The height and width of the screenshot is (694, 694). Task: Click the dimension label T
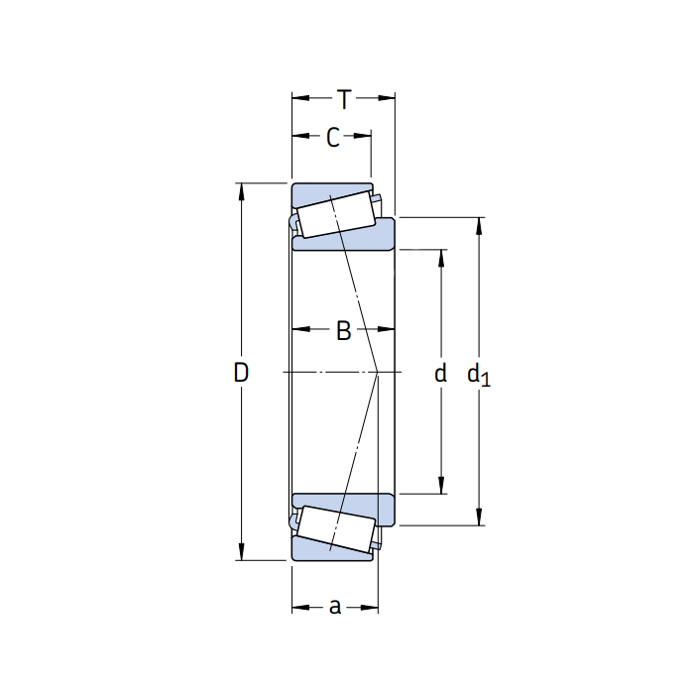[344, 99]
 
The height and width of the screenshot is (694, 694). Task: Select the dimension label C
[333, 137]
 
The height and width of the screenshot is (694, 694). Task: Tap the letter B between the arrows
[343, 330]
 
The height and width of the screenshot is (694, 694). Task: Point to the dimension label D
[241, 372]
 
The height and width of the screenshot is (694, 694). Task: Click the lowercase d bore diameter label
[440, 373]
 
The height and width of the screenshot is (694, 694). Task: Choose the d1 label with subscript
[479, 375]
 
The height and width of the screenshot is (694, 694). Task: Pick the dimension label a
[335, 607]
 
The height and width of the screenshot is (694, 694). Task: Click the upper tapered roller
[336, 214]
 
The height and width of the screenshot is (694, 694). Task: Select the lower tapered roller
[336, 529]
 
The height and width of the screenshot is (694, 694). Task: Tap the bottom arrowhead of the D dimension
[241, 553]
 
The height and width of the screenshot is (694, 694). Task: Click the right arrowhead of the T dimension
[388, 98]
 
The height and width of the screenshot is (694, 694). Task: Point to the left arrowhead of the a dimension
[299, 607]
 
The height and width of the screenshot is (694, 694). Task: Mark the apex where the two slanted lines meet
[378, 372]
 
